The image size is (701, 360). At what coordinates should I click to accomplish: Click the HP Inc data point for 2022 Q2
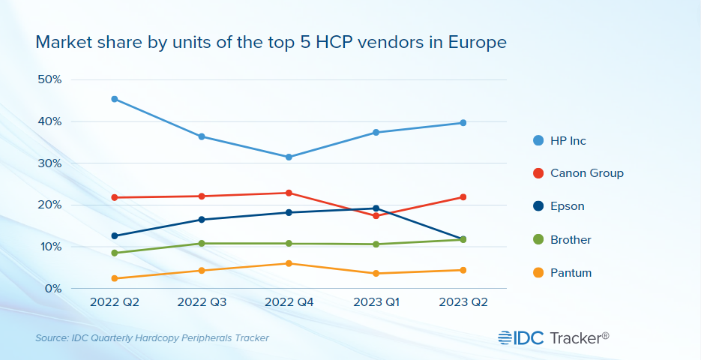point(114,99)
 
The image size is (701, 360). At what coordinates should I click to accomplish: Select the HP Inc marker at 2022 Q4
point(289,157)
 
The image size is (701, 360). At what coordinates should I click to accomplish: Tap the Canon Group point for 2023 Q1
point(376,216)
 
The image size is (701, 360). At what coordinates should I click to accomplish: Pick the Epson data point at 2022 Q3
point(202,220)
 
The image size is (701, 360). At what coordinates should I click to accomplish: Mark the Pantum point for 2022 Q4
point(289,263)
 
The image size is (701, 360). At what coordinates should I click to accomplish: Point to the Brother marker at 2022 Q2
point(114,253)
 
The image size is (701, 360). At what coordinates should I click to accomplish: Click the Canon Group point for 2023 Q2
point(463,197)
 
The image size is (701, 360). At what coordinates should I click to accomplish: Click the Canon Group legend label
point(586,173)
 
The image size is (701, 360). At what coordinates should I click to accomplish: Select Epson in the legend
point(567,206)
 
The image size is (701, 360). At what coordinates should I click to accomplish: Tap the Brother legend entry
point(571,240)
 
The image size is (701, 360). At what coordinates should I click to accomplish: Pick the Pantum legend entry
point(571,273)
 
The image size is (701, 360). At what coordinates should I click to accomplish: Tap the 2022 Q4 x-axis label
point(289,302)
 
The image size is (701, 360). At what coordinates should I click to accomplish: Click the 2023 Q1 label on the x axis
point(376,302)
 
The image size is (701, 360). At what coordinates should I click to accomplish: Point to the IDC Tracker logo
point(553,338)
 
